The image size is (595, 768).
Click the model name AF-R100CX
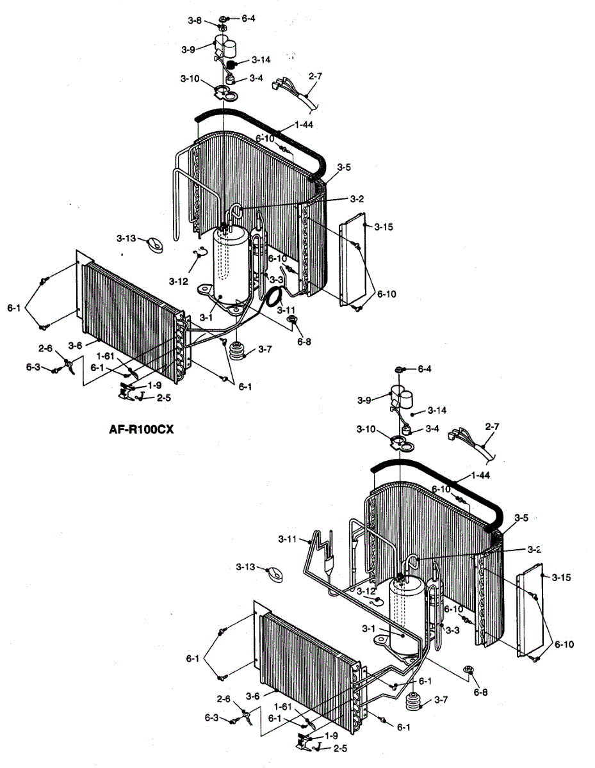click(141, 429)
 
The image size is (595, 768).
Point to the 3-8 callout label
click(195, 20)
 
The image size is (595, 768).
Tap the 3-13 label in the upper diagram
click(126, 238)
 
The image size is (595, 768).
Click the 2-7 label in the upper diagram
click(315, 76)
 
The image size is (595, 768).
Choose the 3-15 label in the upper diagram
click(384, 227)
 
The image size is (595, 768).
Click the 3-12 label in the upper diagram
click(179, 280)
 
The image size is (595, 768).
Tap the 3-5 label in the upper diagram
click(344, 167)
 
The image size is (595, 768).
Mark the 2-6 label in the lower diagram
click(224, 699)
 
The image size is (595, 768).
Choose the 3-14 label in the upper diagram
click(261, 60)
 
